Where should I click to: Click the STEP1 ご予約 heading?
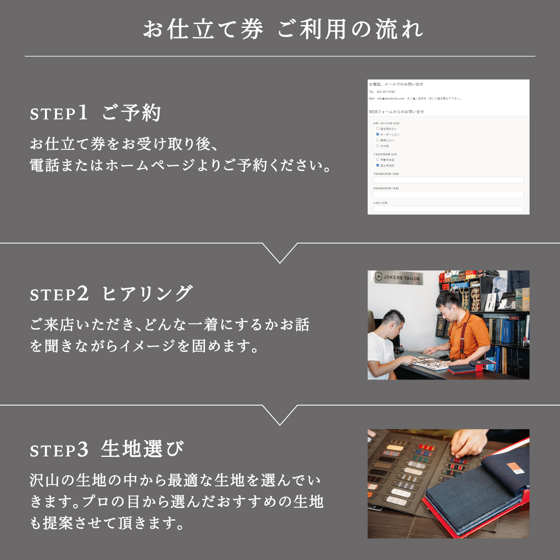[95, 113]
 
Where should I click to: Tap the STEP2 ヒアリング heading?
[111, 294]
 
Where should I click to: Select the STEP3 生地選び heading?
[107, 450]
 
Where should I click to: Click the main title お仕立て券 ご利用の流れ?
[283, 30]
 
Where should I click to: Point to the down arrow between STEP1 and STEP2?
[280, 253]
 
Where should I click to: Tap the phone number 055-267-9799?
[385, 92]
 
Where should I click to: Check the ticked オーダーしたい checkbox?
[377, 134]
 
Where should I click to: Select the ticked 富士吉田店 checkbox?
[377, 165]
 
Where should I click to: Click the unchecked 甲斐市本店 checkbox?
[377, 160]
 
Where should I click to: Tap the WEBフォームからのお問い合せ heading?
[396, 112]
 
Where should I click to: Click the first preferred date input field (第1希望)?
[448, 180]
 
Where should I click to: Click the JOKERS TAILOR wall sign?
[398, 278]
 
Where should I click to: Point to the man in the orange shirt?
[462, 325]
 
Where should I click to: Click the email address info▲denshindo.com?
[390, 98]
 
